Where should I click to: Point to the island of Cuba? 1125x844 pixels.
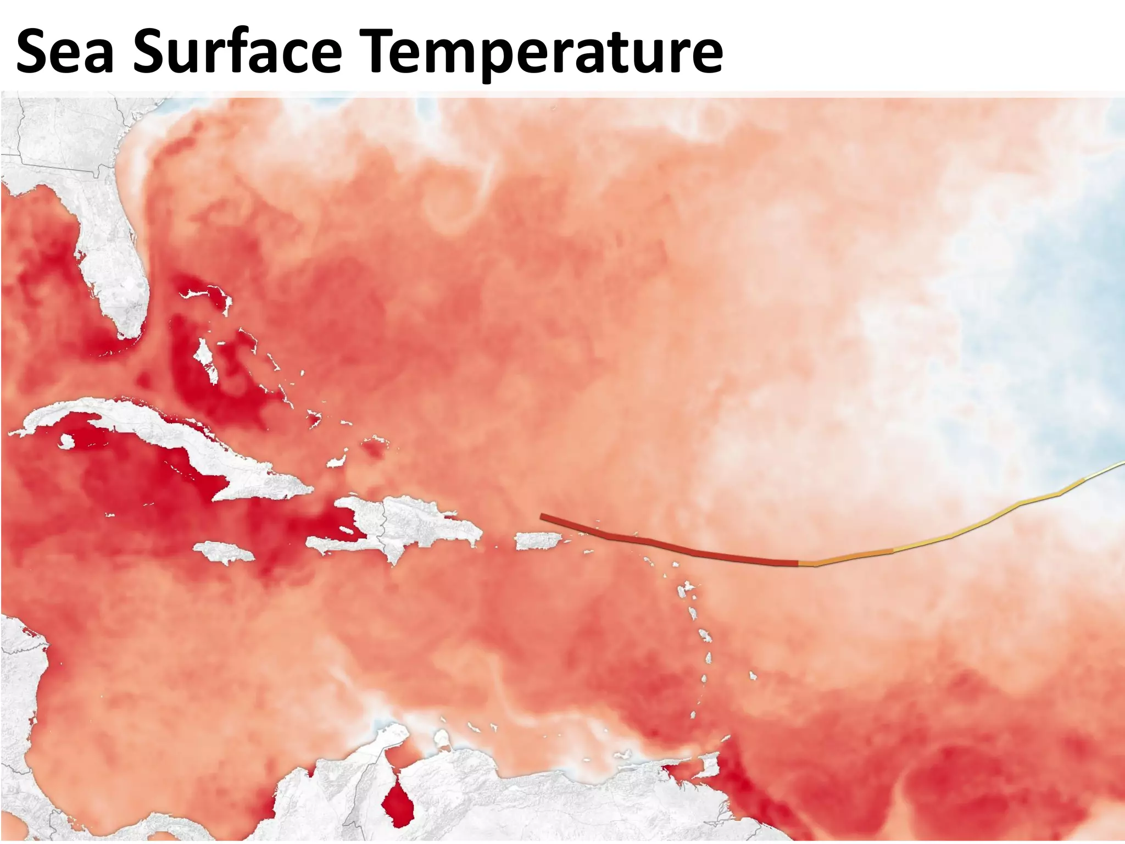tap(165, 434)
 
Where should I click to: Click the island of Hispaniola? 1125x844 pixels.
tap(406, 522)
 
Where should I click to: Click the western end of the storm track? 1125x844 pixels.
tap(543, 517)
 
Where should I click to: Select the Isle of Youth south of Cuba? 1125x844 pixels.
tap(66, 441)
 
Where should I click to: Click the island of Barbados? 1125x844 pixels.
tap(752, 675)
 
